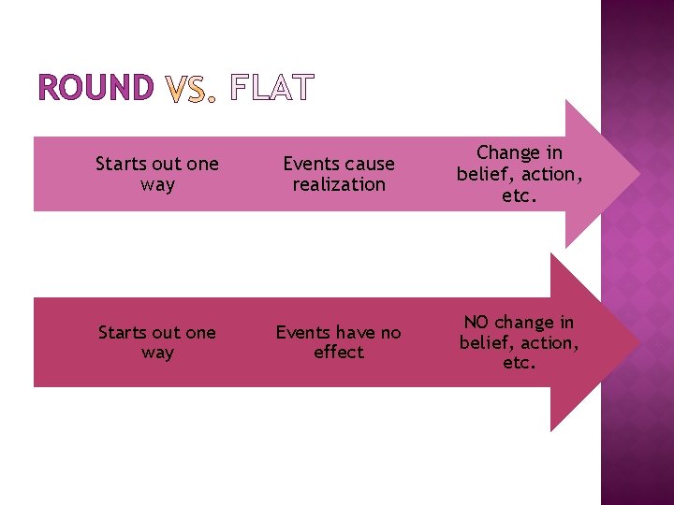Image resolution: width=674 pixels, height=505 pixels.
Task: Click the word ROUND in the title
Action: [x=95, y=89]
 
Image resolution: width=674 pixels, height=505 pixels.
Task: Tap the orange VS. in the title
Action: [x=190, y=90]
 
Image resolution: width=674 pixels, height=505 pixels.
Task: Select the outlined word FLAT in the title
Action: [x=271, y=90]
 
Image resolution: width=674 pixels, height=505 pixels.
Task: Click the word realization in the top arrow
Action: [x=339, y=185]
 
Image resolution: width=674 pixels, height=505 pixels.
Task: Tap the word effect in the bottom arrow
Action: [x=339, y=353]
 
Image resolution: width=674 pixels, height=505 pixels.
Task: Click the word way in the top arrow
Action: [x=157, y=185]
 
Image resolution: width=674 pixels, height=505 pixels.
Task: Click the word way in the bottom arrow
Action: [x=157, y=353]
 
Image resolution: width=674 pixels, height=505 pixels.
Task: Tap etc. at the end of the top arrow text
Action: [x=520, y=195]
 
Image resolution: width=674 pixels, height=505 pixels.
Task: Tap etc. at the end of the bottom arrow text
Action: [x=520, y=363]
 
